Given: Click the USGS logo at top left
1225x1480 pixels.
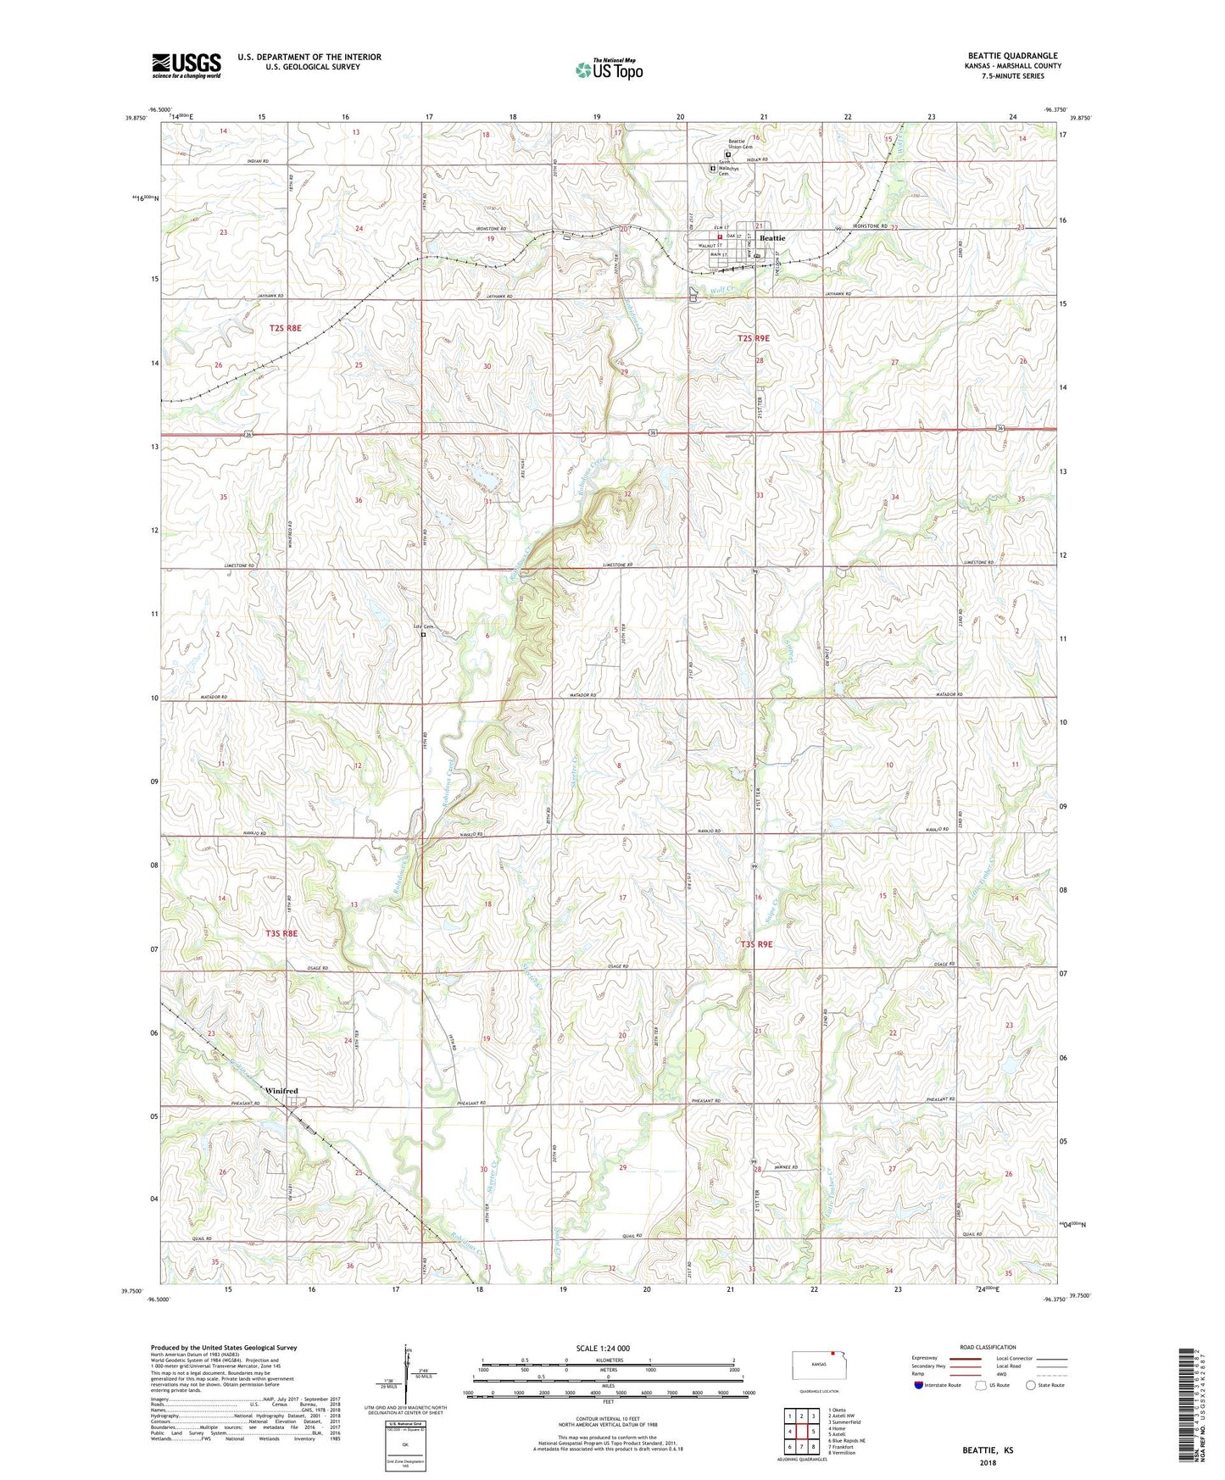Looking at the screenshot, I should click(x=186, y=65).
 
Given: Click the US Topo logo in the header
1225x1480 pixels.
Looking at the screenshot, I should click(x=608, y=70).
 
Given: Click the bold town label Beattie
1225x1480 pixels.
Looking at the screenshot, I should click(x=772, y=239).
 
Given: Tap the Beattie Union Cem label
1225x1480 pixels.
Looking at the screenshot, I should click(x=740, y=144).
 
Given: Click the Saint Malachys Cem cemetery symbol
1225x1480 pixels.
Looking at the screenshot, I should click(x=712, y=168).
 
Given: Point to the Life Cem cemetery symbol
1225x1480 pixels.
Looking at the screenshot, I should click(x=423, y=634).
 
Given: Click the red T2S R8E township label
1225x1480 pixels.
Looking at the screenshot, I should click(x=286, y=327).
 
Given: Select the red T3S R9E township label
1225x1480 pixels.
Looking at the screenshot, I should click(x=756, y=943).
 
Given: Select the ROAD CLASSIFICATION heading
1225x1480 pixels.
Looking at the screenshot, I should click(x=988, y=1347).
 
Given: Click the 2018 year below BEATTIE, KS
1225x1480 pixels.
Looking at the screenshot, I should click(x=988, y=1463).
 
